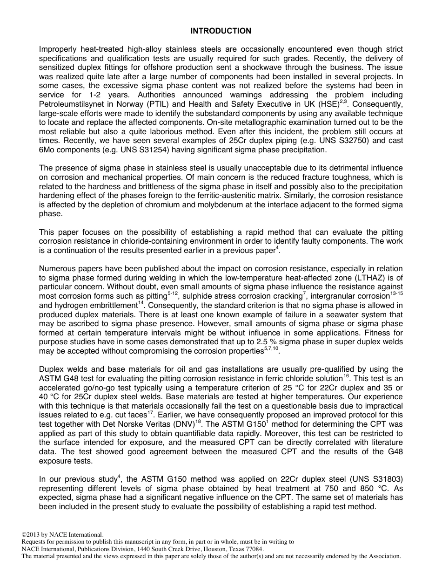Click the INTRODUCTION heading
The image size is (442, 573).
221,31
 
